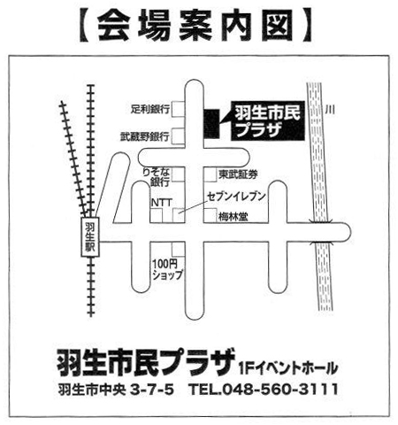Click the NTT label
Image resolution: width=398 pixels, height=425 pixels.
[161, 203]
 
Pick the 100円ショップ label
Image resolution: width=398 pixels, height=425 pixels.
[166, 269]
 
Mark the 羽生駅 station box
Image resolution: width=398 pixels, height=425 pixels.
[89, 237]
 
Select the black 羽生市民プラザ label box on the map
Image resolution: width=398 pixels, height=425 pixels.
[260, 121]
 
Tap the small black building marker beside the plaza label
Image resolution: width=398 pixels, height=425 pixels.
[210, 123]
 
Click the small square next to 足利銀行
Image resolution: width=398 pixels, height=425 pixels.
[177, 109]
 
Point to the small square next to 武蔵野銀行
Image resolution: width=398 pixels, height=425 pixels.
[177, 137]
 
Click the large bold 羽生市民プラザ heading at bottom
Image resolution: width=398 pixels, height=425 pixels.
[146, 362]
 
